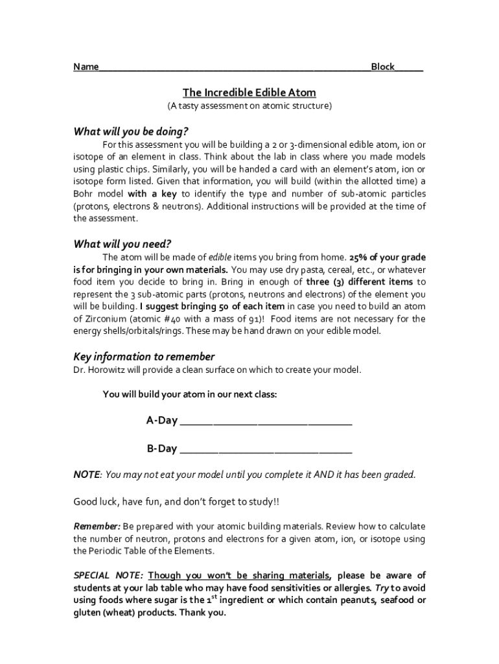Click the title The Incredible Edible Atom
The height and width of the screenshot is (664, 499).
coord(249,93)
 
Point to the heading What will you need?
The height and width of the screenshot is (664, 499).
coord(122,244)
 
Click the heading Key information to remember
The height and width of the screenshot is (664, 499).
coord(144,357)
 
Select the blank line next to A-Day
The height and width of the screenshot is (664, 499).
coord(266,422)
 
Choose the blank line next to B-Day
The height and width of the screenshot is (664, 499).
coord(266,450)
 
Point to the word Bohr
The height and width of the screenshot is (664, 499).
coord(84,194)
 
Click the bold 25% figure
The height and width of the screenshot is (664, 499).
coord(359,257)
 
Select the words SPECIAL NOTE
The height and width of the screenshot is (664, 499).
coord(108,576)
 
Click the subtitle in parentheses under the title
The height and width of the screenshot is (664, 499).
coord(249,105)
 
